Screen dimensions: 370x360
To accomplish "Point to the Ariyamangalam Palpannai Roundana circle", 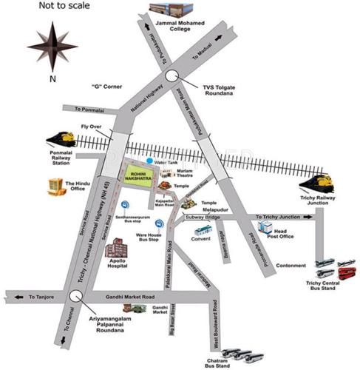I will [x=73, y=296].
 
